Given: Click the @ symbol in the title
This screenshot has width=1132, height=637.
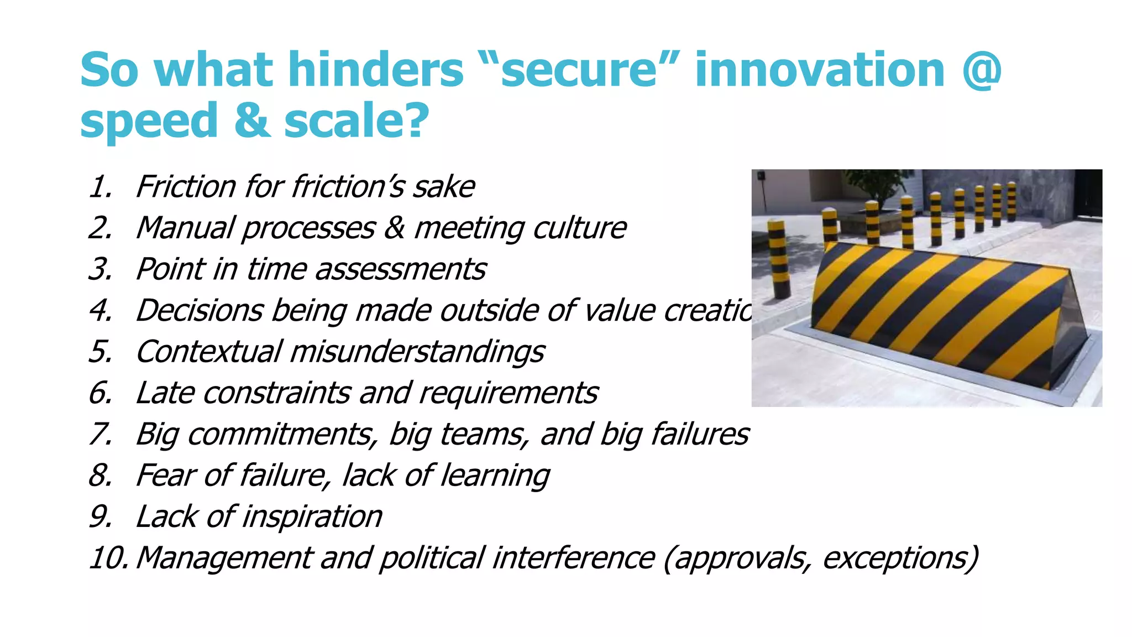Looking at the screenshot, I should click(x=981, y=71).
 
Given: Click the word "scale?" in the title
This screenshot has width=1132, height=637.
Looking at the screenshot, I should click(x=357, y=121).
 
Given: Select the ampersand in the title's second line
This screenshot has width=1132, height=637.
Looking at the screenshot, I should click(x=252, y=121).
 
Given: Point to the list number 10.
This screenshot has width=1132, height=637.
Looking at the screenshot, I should click(x=108, y=558).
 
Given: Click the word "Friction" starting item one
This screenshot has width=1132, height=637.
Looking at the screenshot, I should click(x=186, y=187).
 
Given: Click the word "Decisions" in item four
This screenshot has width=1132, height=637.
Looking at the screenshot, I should click(x=199, y=310).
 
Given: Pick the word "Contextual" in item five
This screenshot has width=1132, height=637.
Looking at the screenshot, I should click(x=208, y=352).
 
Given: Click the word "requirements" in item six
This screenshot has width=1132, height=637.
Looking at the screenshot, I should click(x=508, y=393).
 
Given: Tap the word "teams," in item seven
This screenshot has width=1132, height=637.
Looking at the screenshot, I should click(x=484, y=435).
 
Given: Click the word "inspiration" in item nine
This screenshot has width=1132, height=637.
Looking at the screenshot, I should click(x=312, y=517).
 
